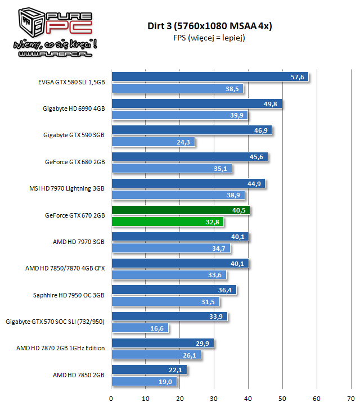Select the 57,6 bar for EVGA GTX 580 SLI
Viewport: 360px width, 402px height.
pyautogui.click(x=210, y=77)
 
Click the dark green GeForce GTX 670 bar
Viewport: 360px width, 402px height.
pyautogui.click(x=181, y=211)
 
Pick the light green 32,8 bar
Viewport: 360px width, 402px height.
pyautogui.click(x=168, y=222)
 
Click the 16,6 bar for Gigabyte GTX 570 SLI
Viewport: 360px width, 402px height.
pyautogui.click(x=140, y=328)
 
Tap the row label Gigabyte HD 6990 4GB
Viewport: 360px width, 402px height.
pyautogui.click(x=74, y=109)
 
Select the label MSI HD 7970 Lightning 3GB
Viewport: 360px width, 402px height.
pyautogui.click(x=67, y=189)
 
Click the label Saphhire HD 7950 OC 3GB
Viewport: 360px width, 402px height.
pyautogui.click(x=69, y=294)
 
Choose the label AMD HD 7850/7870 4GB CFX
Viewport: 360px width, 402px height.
pyautogui.click(x=65, y=268)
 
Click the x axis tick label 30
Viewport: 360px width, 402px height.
pyautogui.click(x=214, y=398)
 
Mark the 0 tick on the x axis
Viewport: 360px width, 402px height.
pyautogui.click(x=111, y=398)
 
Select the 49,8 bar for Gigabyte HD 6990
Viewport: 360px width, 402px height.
pyautogui.click(x=196, y=104)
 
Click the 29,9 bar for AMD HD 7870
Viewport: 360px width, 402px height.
pyautogui.click(x=163, y=344)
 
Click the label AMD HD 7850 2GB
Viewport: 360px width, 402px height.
pyautogui.click(x=79, y=374)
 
